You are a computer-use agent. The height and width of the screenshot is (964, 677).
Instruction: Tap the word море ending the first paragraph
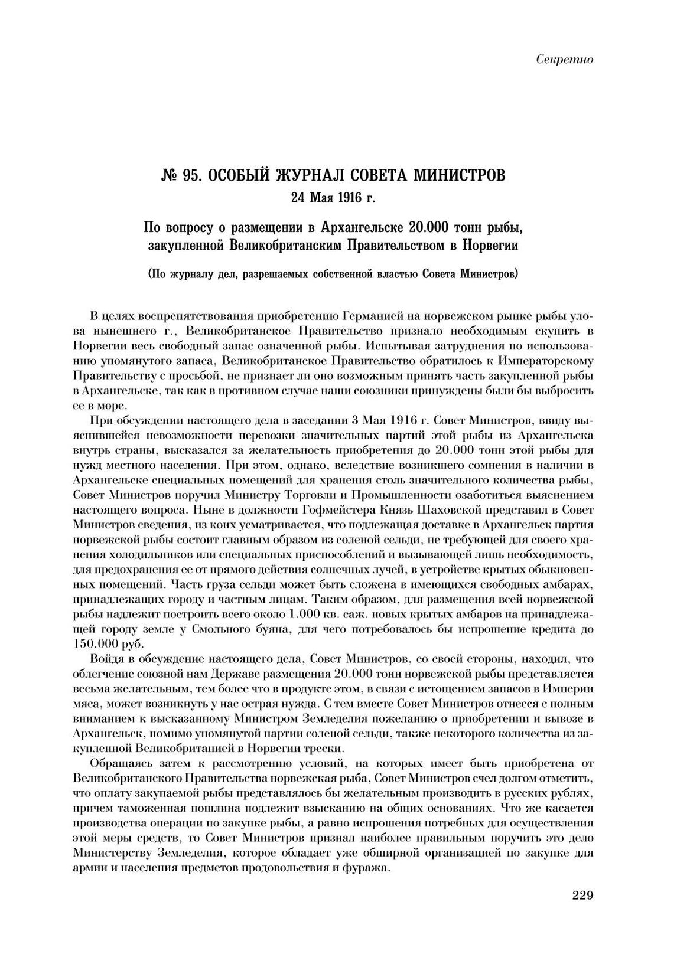[111, 406]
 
